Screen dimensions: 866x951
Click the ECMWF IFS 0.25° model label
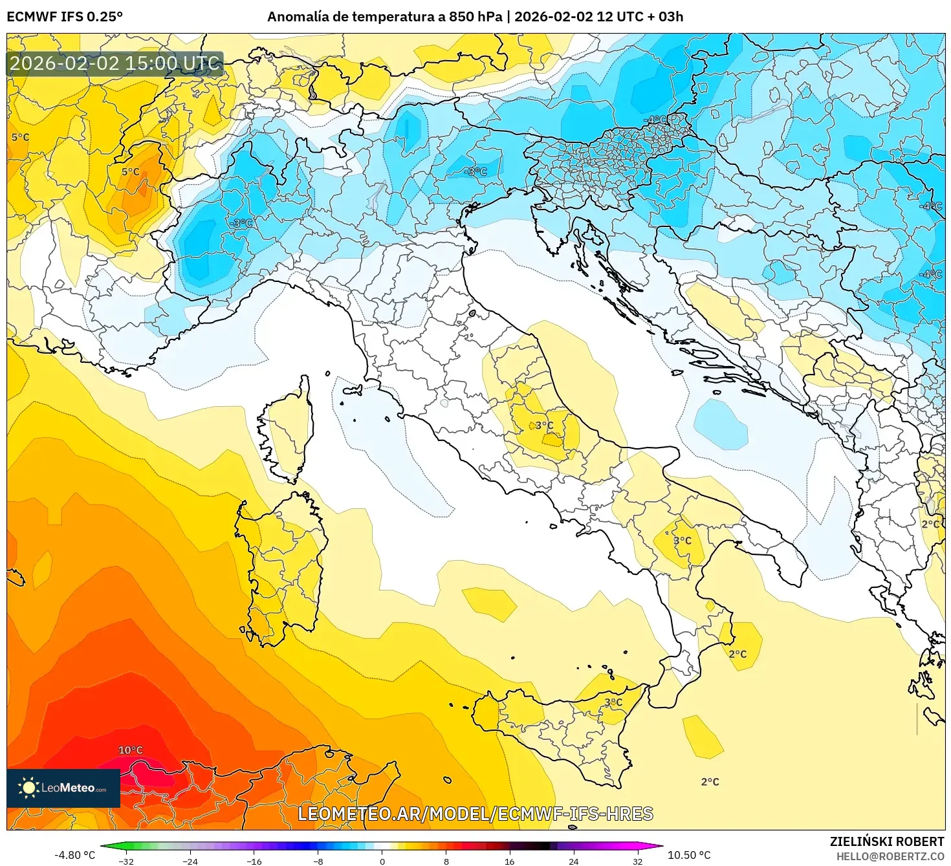pos(65,17)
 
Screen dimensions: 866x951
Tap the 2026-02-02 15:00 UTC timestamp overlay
pos(115,63)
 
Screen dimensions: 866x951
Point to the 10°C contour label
pos(130,750)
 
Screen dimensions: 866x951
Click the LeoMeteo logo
pos(63,788)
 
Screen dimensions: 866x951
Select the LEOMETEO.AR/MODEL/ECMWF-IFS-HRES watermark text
pos(475,814)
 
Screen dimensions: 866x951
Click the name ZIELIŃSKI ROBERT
pos(886,841)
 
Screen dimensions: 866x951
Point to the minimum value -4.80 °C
pos(74,855)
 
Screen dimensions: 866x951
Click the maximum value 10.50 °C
pos(689,855)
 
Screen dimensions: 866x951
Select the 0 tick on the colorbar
pos(382,861)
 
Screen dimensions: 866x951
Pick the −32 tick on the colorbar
pos(126,861)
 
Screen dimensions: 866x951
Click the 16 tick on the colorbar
pos(510,861)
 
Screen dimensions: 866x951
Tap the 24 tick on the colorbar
pos(573,861)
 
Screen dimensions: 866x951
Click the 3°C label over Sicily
pos(613,702)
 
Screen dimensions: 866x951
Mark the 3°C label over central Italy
pos(544,426)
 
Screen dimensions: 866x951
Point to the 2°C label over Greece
pos(930,524)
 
